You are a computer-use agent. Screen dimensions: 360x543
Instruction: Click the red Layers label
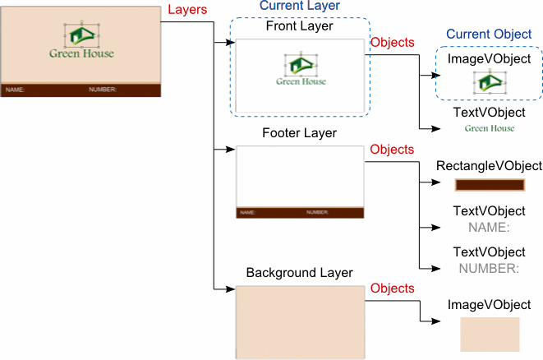[186, 10]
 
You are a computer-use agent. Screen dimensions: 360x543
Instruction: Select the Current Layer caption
[299, 6]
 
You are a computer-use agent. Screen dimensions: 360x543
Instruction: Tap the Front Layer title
[299, 26]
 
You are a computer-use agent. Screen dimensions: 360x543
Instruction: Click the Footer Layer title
[299, 133]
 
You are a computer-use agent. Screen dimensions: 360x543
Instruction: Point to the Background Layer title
[299, 272]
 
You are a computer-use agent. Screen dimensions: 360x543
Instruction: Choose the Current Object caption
[489, 35]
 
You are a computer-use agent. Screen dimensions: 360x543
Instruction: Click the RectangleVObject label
[489, 167]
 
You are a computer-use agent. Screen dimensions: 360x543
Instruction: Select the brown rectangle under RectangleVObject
[489, 186]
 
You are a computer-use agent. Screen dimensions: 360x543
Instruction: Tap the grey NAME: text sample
[489, 228]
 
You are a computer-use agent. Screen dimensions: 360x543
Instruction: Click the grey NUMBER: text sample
[489, 268]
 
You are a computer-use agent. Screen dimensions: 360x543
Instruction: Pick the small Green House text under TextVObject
[490, 128]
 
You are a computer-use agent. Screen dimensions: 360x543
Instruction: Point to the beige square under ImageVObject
[490, 335]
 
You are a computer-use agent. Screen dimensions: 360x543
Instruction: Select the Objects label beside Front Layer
[393, 41]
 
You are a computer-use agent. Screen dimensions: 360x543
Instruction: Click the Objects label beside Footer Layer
[393, 150]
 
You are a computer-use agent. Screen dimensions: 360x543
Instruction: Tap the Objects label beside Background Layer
[393, 288]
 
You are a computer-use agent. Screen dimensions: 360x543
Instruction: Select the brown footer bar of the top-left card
[81, 90]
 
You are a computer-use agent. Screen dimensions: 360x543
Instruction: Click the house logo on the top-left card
[81, 34]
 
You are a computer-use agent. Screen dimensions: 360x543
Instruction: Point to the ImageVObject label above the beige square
[489, 306]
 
